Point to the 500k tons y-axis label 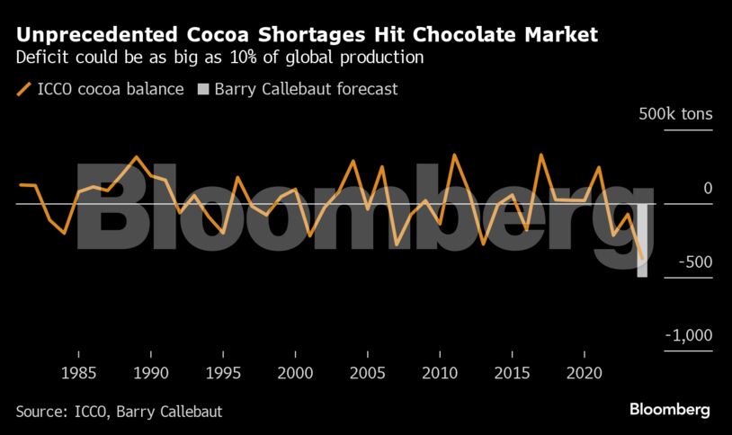(x=675, y=115)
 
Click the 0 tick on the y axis (x=708, y=189)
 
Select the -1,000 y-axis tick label (x=688, y=336)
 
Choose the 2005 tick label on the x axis (x=368, y=373)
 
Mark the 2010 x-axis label (x=440, y=373)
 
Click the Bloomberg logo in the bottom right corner (x=669, y=410)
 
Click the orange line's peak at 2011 (x=454, y=155)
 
